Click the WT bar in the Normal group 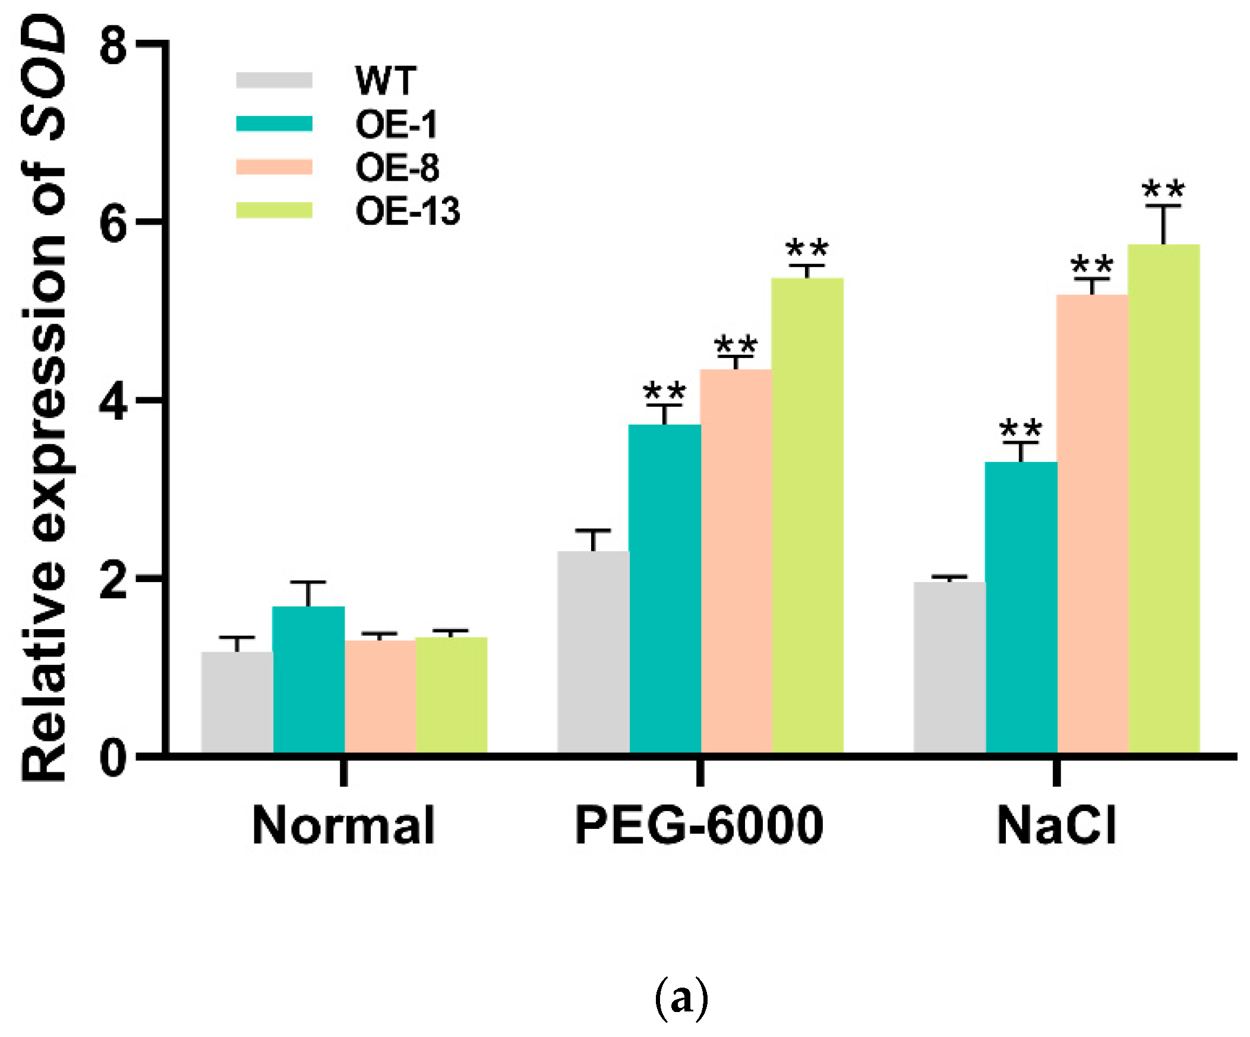click(x=237, y=703)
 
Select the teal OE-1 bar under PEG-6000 click(x=665, y=590)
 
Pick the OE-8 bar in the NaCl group click(x=1091, y=524)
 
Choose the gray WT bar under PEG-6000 click(x=593, y=652)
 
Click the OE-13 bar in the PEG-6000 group click(x=807, y=516)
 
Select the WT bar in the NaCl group click(x=949, y=668)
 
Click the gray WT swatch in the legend click(x=274, y=80)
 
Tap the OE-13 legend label click(x=407, y=212)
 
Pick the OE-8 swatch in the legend click(x=274, y=167)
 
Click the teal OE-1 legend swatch click(x=274, y=124)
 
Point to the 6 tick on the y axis click(x=113, y=224)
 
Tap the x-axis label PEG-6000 click(x=699, y=825)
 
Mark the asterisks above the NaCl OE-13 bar click(x=1163, y=191)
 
